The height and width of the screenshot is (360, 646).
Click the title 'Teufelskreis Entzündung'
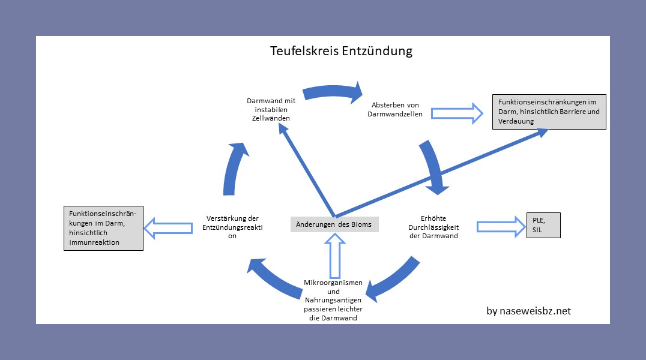pyautogui.click(x=341, y=50)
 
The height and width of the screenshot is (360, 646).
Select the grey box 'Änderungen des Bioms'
pyautogui.click(x=334, y=225)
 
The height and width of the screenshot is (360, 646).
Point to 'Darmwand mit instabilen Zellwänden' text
pyautogui.click(x=271, y=110)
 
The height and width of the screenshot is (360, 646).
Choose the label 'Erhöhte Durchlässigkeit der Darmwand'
pyautogui.click(x=433, y=227)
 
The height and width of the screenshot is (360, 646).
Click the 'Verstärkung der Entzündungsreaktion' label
pyautogui.click(x=232, y=227)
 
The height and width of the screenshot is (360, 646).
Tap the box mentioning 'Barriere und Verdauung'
pyautogui.click(x=549, y=112)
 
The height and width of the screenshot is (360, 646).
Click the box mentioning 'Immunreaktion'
pyautogui.click(x=103, y=227)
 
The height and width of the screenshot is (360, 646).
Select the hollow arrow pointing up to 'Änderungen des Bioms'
pyautogui.click(x=335, y=255)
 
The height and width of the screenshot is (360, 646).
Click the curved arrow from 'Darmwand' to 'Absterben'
pyautogui.click(x=333, y=91)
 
